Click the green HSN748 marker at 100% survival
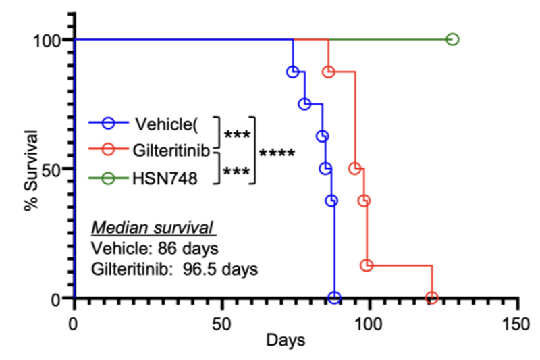click(452, 39)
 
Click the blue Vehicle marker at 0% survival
click(333, 297)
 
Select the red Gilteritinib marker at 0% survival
click(432, 297)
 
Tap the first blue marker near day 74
click(292, 72)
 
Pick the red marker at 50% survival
click(355, 168)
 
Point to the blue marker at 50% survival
click(326, 168)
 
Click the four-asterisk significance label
click(276, 153)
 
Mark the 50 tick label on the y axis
click(52, 168)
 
